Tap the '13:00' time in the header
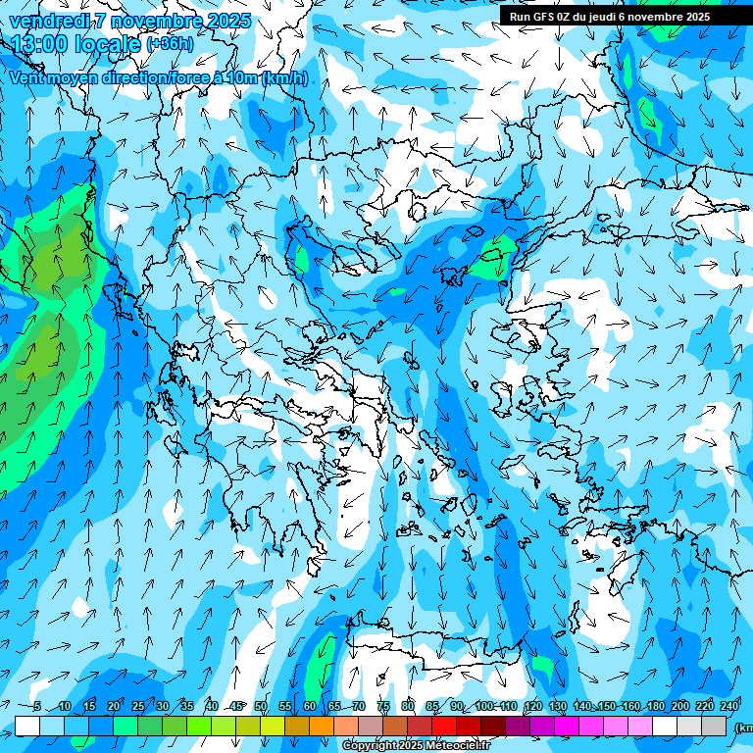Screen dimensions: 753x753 [39, 44]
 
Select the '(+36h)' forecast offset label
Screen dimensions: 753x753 [170, 44]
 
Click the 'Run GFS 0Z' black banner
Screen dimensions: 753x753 [617, 17]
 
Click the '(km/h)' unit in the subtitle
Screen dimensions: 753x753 [285, 77]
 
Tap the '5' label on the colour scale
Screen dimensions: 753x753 [36, 706]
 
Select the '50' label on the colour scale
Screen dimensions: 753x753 [261, 706]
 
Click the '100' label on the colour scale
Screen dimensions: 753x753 [484, 706]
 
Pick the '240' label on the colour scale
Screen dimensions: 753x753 [729, 706]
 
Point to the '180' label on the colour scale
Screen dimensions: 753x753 [655, 706]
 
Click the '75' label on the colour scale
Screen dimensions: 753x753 [383, 706]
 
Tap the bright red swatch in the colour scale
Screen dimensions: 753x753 [444, 726]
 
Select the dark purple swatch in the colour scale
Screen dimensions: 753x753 [518, 726]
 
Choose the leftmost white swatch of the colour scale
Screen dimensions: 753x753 [27, 726]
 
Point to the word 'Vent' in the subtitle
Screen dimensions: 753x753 [29, 77]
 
